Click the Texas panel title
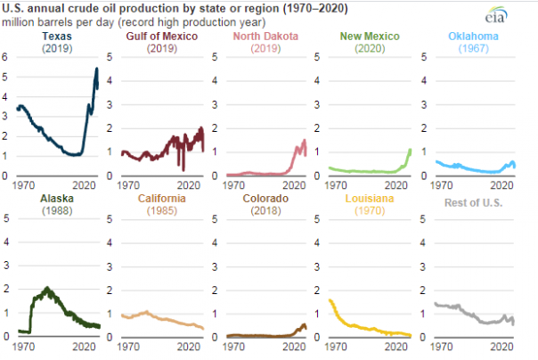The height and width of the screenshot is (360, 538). pos(57,36)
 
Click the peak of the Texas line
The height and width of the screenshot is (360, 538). pos(96,69)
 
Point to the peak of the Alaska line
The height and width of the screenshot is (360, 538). pos(46,288)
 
